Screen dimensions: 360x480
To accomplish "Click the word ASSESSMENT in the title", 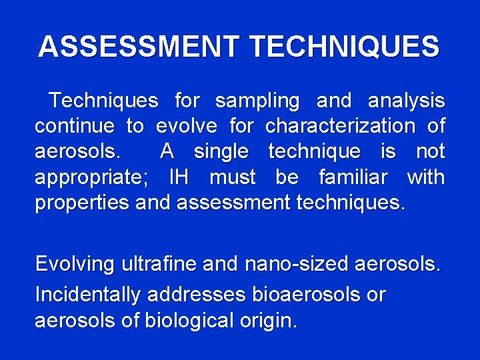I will (138, 47).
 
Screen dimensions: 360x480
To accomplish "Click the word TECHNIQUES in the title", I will (344, 47).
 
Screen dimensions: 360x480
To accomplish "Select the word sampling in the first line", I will (257, 101).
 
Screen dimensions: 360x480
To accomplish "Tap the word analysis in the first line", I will (406, 101).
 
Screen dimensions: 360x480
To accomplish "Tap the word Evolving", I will (75, 264).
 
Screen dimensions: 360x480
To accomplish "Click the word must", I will (232, 178).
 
